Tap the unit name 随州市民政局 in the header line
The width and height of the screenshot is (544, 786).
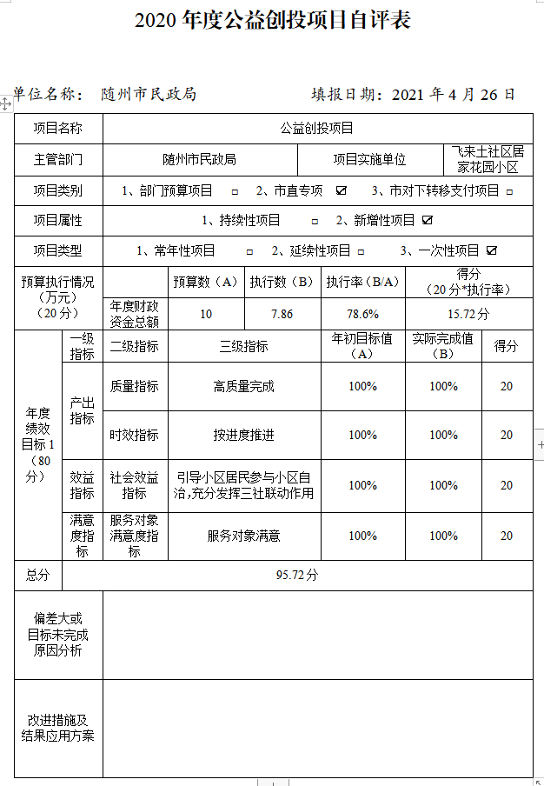coord(149,95)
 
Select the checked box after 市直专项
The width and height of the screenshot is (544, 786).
coord(342,190)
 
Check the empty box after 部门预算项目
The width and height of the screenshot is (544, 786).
coord(235,191)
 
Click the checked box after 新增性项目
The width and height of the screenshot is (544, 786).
coord(428,220)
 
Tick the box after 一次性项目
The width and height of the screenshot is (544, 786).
coord(492,250)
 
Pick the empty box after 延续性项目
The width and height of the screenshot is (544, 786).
coord(371,251)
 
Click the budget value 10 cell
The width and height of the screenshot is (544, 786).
coord(206,314)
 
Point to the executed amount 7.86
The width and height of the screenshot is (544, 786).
coord(282,314)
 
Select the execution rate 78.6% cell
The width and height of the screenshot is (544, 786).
coord(362,314)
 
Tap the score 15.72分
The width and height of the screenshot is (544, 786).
coord(469,314)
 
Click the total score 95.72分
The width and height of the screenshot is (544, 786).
coord(297,575)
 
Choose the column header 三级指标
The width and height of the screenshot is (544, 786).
coord(244,346)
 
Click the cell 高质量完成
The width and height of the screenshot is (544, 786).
coord(244,386)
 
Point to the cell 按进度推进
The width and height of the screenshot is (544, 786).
coord(244,435)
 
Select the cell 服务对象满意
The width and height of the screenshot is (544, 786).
coord(244,536)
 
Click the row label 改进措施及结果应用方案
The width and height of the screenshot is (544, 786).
coord(58,728)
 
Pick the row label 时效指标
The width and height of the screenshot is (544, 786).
coord(135,435)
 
